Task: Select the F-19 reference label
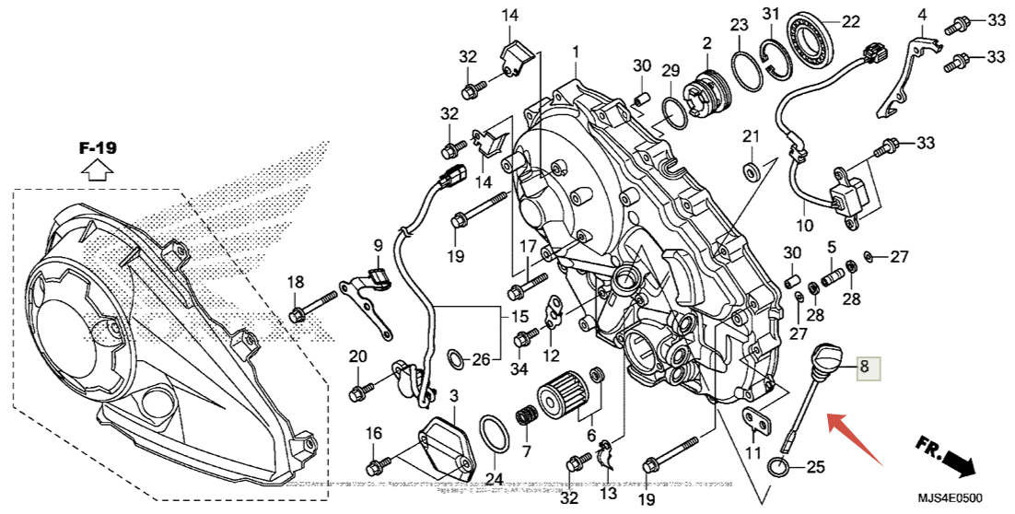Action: pos(98,147)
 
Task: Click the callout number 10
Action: pos(804,224)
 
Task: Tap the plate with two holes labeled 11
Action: pos(758,421)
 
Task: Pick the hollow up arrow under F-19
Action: pos(97,169)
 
